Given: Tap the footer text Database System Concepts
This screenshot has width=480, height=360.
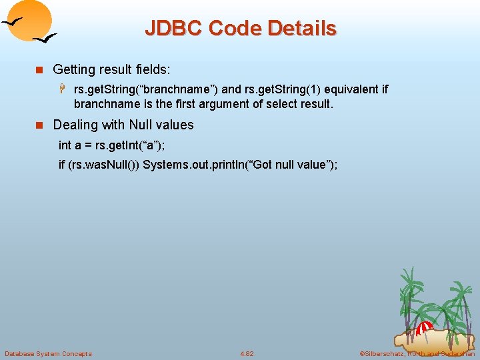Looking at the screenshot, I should [48, 353].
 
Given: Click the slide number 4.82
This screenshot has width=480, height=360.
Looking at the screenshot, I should [247, 353].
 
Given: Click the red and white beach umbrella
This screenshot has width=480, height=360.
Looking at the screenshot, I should [425, 328].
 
